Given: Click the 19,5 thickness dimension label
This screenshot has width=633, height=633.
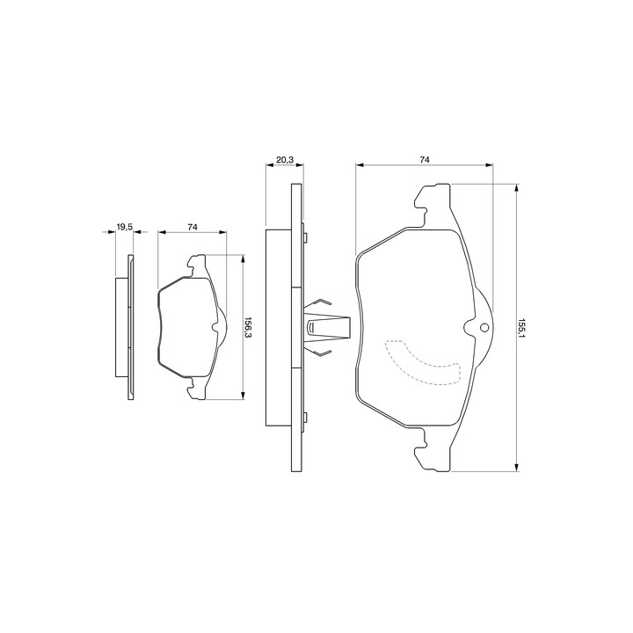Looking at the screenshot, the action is [x=124, y=227].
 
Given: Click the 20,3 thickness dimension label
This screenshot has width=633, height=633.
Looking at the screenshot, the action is [x=285, y=160].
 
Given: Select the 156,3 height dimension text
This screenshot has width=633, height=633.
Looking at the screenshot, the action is [x=248, y=327].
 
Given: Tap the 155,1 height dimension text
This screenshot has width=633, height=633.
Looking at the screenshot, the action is [x=522, y=329].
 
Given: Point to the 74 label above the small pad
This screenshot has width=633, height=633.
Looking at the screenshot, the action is [x=193, y=227].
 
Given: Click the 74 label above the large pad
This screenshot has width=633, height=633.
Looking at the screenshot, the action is [x=425, y=160].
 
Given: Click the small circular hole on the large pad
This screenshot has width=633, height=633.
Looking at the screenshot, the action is [x=484, y=328].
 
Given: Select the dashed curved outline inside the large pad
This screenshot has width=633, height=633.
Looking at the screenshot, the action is [x=423, y=362].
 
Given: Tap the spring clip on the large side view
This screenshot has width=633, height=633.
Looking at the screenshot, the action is [x=326, y=327].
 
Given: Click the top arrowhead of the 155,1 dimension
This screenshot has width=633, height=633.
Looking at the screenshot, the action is [x=516, y=188].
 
